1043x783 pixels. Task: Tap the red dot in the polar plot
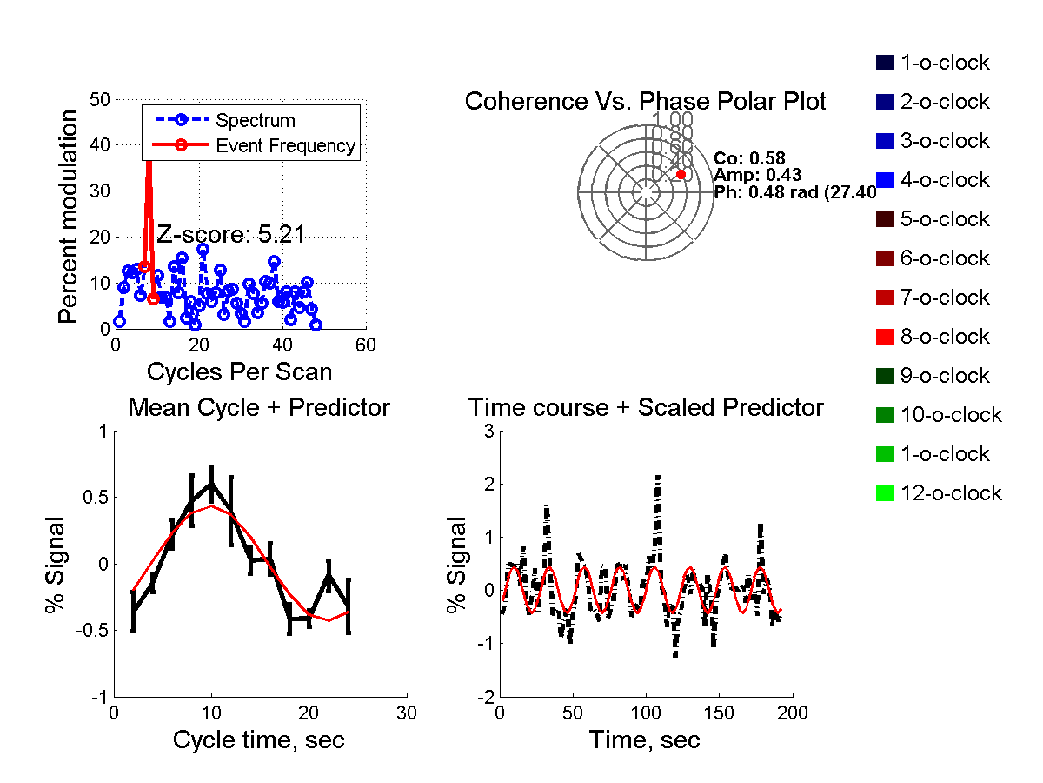pos(681,175)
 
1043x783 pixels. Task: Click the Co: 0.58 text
pos(749,158)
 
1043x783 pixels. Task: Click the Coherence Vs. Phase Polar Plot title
pos(645,102)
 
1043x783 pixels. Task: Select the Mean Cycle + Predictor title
pos(259,407)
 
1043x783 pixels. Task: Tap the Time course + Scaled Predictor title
pos(646,407)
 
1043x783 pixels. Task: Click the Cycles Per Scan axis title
pos(239,372)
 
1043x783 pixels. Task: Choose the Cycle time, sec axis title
pos(258,740)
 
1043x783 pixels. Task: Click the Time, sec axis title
pos(644,740)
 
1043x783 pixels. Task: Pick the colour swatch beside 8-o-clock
pos(885,337)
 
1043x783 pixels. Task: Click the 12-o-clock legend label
pos(951,493)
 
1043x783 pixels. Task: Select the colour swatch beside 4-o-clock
pos(885,180)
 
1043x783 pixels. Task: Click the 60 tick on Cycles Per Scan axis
pos(367,345)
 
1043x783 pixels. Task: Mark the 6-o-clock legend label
pos(945,258)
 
